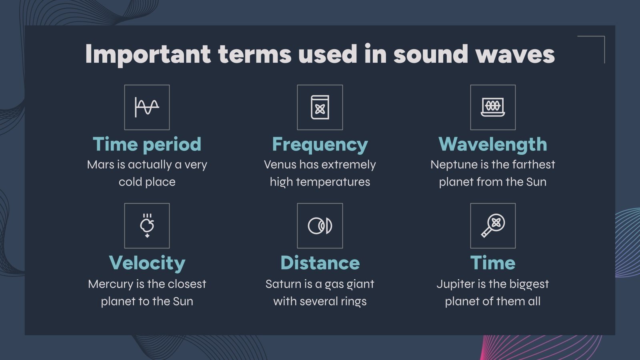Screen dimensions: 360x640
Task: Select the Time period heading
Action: (x=147, y=144)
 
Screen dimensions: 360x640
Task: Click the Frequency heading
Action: (x=320, y=144)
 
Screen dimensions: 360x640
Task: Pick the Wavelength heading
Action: (x=492, y=144)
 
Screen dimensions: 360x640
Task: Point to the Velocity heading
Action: (x=147, y=263)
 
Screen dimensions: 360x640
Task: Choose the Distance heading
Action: (x=320, y=263)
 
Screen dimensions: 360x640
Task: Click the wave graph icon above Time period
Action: (x=147, y=107)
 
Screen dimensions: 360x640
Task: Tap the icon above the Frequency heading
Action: (x=320, y=107)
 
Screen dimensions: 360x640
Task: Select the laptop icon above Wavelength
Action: (x=493, y=107)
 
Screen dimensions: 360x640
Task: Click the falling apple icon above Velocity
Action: (x=147, y=226)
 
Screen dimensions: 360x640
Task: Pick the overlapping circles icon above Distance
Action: (x=320, y=226)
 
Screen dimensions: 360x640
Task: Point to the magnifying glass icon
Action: (x=493, y=226)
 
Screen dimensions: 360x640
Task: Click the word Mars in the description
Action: (x=100, y=165)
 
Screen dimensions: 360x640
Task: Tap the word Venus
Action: (x=280, y=165)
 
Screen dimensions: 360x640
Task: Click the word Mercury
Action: (x=110, y=284)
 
